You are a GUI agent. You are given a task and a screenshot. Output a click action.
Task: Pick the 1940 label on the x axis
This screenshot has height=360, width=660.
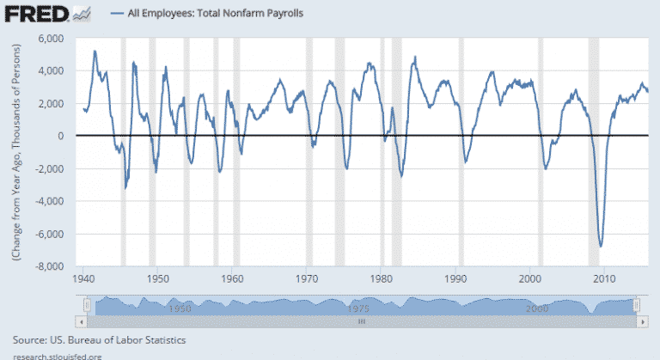click(x=83, y=279)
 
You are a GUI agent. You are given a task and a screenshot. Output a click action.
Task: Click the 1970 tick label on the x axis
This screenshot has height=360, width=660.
click(x=308, y=279)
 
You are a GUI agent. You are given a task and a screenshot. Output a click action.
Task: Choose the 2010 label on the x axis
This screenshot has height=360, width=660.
click(x=605, y=279)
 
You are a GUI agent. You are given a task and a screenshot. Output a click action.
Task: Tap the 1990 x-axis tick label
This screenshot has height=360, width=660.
click(x=456, y=279)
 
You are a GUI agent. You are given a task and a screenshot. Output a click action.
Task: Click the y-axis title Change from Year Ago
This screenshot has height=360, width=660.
click(x=16, y=153)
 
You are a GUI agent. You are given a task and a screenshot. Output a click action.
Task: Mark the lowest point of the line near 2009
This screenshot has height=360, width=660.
click(x=601, y=247)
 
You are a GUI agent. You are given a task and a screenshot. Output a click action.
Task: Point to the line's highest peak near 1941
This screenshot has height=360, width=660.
click(x=95, y=51)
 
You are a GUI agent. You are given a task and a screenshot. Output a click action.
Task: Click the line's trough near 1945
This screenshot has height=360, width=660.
click(x=125, y=187)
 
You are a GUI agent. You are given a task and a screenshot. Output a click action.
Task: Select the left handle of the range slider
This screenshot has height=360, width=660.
click(x=86, y=305)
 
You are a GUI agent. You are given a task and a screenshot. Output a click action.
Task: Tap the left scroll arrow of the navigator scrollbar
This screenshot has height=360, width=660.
click(x=82, y=320)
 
